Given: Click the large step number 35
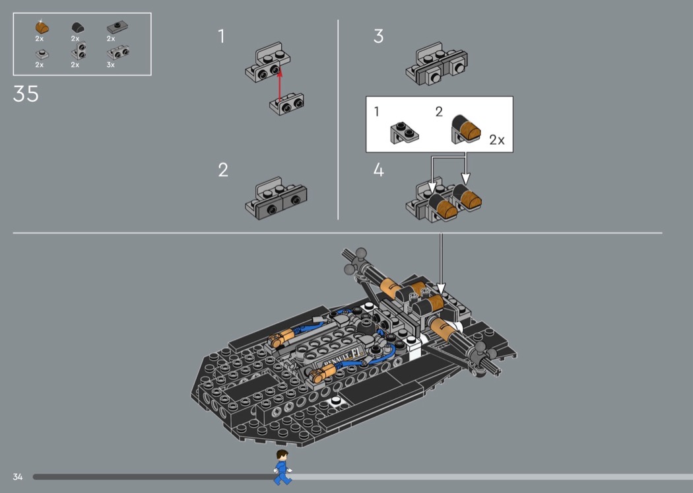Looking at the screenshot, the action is pyautogui.click(x=26, y=94).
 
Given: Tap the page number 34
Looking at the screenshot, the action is pyautogui.click(x=18, y=476).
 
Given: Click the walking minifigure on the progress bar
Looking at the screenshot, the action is pyautogui.click(x=282, y=467).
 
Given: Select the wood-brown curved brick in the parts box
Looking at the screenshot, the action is pyautogui.click(x=42, y=28).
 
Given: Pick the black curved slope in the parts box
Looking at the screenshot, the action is pyautogui.click(x=78, y=28).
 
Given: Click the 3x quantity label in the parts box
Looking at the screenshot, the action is pyautogui.click(x=110, y=65).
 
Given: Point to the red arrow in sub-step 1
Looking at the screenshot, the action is pyautogui.click(x=279, y=84).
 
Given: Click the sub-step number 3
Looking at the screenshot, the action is pyautogui.click(x=378, y=36).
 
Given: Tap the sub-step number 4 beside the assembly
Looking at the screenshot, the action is pyautogui.click(x=378, y=170).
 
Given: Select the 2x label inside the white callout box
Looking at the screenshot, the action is pyautogui.click(x=497, y=140).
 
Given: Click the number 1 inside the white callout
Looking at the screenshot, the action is pyautogui.click(x=377, y=112).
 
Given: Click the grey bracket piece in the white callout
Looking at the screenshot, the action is pyautogui.click(x=405, y=133).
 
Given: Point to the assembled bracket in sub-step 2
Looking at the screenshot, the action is pyautogui.click(x=277, y=198).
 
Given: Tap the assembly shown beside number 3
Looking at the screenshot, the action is pyautogui.click(x=437, y=63).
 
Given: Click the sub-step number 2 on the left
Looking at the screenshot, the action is pyautogui.click(x=223, y=170).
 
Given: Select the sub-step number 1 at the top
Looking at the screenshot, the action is pyautogui.click(x=221, y=36).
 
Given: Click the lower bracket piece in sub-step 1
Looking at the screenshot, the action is pyautogui.click(x=286, y=104).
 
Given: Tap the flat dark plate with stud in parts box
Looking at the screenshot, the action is pyautogui.click(x=117, y=28).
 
